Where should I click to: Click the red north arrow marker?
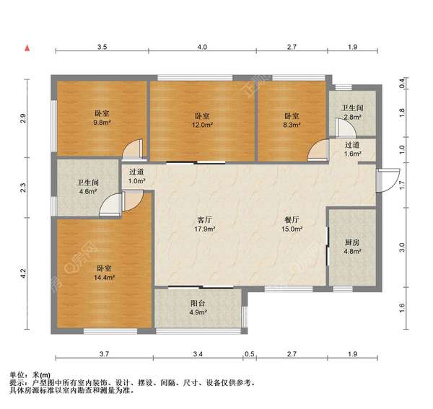[27, 48]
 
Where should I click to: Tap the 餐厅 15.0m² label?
[292, 224]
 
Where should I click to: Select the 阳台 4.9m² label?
[197, 308]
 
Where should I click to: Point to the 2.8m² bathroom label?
[352, 113]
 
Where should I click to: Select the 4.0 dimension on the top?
[202, 47]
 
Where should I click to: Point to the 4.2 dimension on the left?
[23, 274]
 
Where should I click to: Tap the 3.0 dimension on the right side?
[403, 248]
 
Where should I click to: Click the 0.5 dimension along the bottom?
[249, 354]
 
